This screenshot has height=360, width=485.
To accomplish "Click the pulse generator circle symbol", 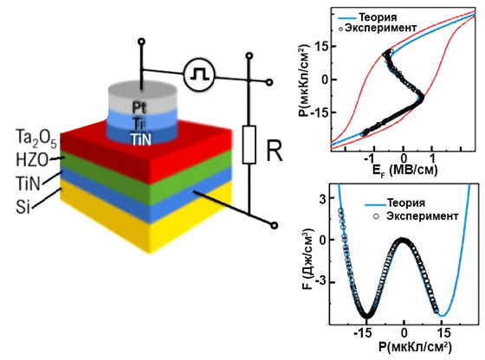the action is (x=199, y=74).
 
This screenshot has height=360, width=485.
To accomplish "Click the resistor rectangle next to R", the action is (x=249, y=145).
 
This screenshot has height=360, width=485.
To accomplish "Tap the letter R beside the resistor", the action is (x=275, y=151).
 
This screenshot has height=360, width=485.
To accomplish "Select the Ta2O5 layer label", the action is (x=36, y=138).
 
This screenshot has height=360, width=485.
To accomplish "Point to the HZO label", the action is (x=32, y=160).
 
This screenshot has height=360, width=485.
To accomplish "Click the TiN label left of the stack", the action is (x=28, y=183).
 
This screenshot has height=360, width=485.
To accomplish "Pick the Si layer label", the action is (x=23, y=207).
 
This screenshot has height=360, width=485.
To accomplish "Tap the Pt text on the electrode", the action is (x=139, y=107).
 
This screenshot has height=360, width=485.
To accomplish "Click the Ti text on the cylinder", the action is (x=139, y=123).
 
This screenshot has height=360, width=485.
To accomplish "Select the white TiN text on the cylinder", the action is (x=140, y=139).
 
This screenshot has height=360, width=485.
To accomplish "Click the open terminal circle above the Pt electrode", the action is (x=142, y=42).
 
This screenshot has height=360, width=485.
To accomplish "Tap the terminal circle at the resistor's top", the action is (x=249, y=56).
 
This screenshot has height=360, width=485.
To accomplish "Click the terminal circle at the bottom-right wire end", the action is (x=274, y=226).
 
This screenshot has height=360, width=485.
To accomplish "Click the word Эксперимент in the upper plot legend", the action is (x=381, y=28).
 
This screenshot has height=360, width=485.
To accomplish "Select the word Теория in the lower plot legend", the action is (x=406, y=203).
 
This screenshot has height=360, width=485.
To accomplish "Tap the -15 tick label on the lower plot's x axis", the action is (x=365, y=333).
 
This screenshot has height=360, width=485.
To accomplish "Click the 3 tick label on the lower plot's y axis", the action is (x=322, y=198).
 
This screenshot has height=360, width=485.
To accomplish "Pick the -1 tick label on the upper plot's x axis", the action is (x=370, y=158).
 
